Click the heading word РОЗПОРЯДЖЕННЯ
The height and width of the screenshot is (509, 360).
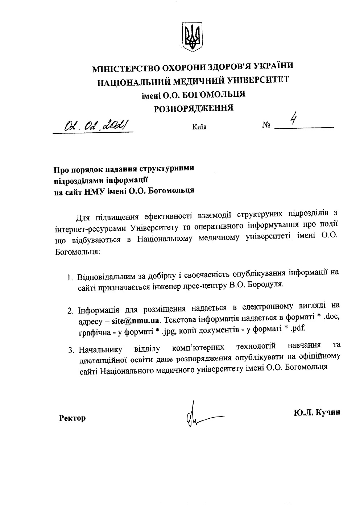tap(194, 108)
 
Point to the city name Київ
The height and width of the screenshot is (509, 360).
tap(198, 127)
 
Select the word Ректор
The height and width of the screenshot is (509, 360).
tap(73, 418)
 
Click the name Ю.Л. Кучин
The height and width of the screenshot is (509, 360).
tap(317, 412)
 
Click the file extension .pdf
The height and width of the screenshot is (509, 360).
tap(299, 328)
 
